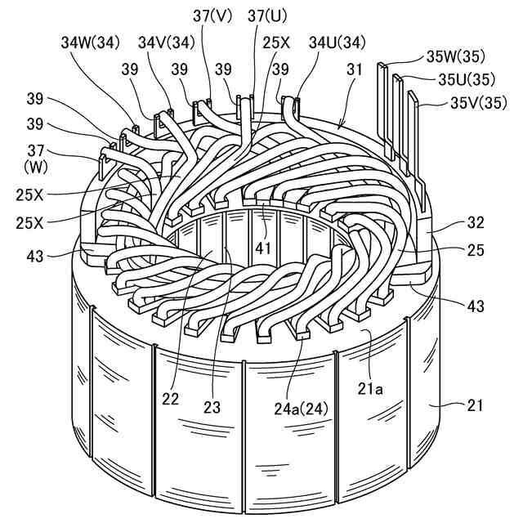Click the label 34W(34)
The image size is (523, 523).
(90, 42)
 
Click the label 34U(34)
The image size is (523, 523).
(336, 42)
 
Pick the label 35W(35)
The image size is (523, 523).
(455, 57)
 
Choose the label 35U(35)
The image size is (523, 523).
(467, 80)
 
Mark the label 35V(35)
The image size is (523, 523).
(478, 103)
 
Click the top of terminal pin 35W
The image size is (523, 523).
(382, 65)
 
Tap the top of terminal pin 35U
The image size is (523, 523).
(400, 79)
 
